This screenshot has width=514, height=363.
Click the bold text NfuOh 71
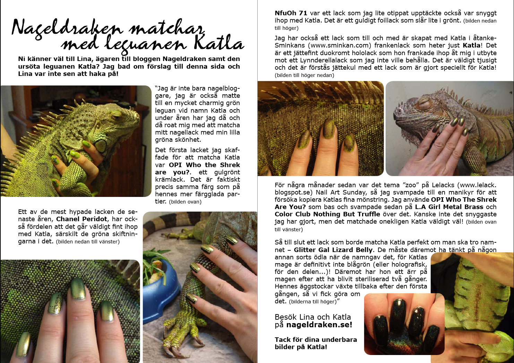(291, 13)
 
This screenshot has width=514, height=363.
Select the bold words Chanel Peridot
(82, 219)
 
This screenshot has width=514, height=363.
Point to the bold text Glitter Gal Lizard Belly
(333, 250)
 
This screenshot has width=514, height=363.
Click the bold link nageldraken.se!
(319, 325)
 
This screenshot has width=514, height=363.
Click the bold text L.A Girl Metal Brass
(449, 207)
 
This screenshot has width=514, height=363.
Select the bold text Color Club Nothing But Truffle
(327, 214)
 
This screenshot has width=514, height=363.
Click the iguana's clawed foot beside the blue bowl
(181, 337)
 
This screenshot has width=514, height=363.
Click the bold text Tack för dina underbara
(316, 340)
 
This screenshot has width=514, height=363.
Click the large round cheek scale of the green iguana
(101, 145)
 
